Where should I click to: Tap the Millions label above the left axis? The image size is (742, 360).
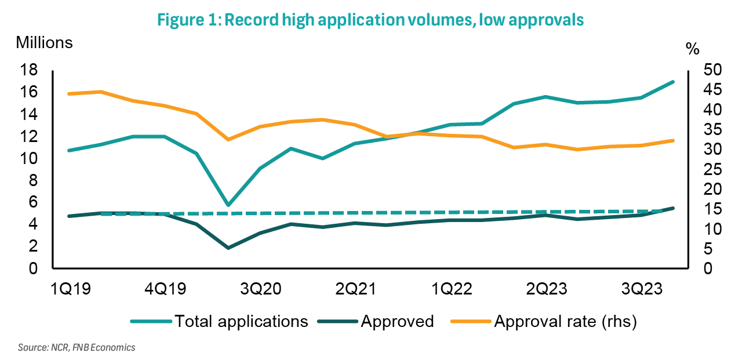[44, 43]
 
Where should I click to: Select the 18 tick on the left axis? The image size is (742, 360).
[30, 70]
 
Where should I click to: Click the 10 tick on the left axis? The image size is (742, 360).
[30, 158]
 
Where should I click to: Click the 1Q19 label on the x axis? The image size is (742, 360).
[68, 289]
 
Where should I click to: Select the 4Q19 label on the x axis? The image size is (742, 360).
[164, 289]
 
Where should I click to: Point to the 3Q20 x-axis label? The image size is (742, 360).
[260, 289]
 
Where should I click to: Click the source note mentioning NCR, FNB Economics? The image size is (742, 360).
[77, 347]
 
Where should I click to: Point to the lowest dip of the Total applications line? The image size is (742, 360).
[228, 205]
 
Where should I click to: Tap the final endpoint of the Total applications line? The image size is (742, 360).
[673, 82]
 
